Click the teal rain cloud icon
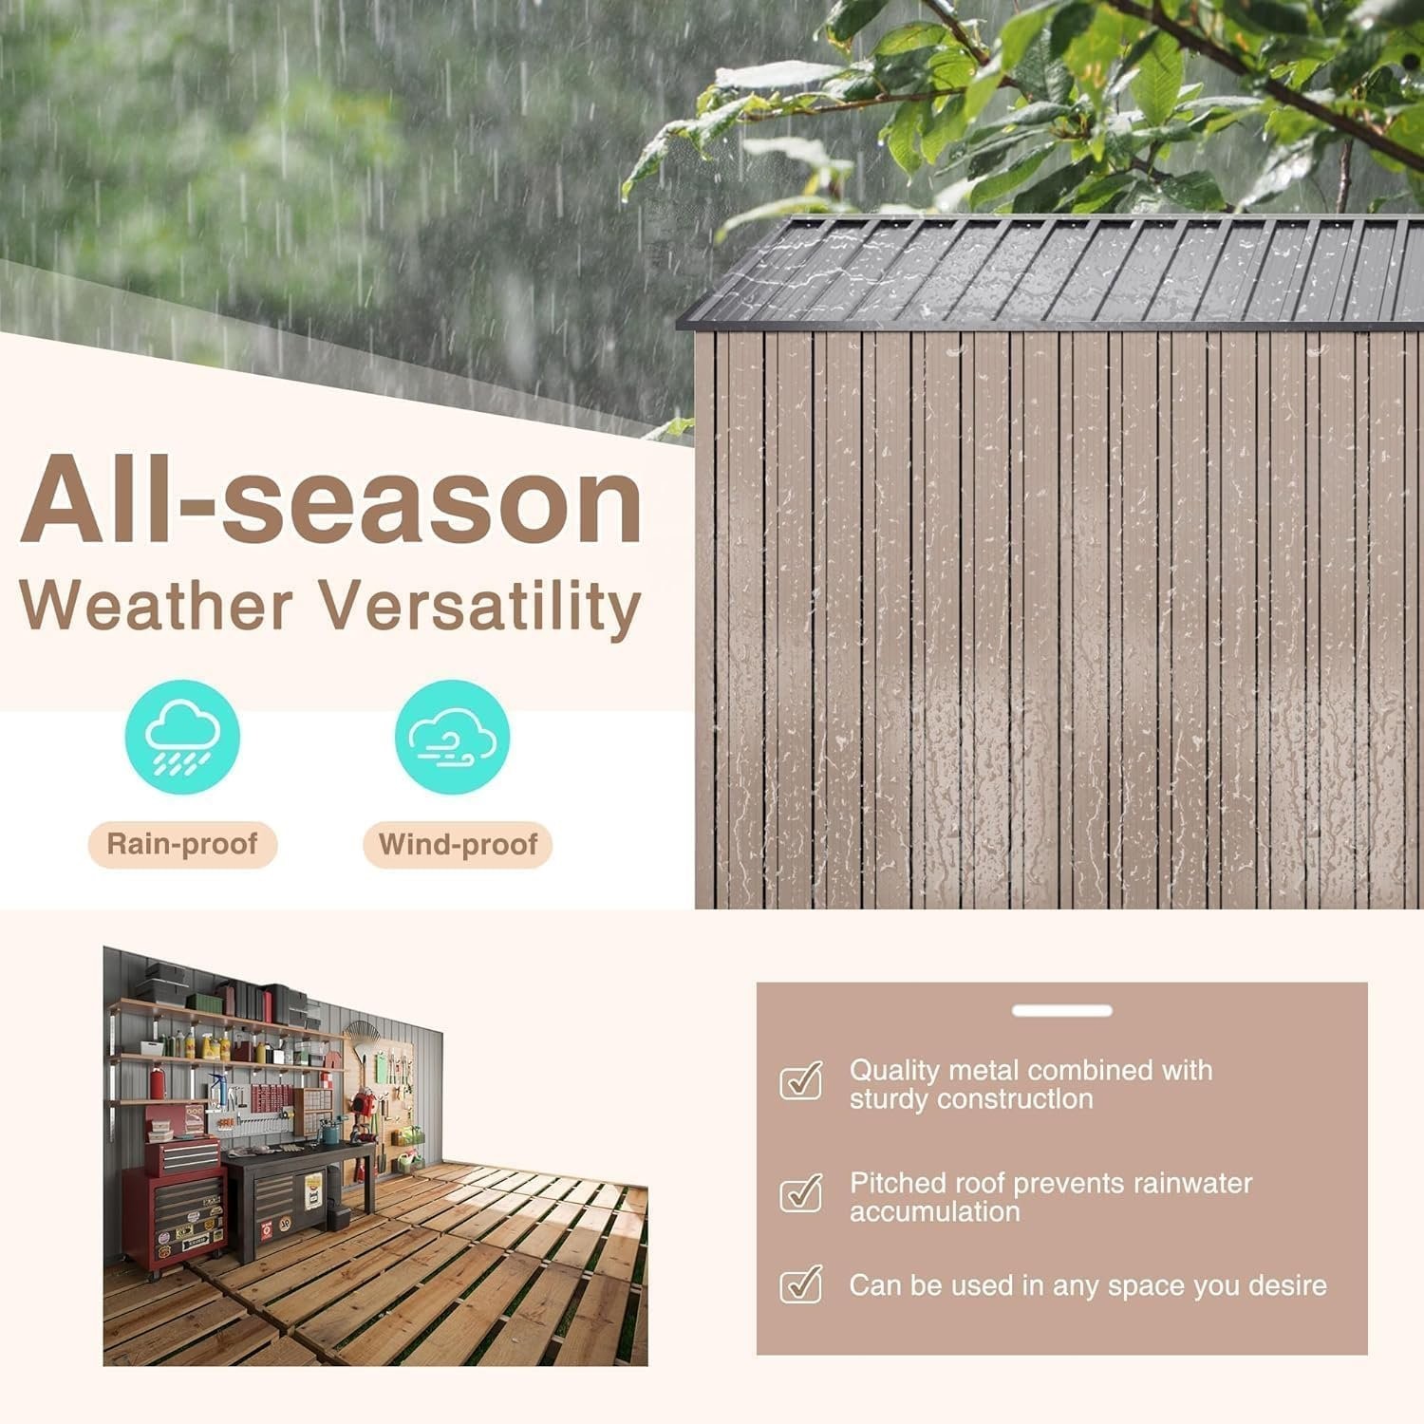click(x=182, y=738)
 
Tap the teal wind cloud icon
click(x=453, y=738)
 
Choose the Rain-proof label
click(x=182, y=844)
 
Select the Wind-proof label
click(x=458, y=844)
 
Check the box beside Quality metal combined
click(x=800, y=1080)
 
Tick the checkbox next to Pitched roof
click(x=800, y=1193)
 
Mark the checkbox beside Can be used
click(x=800, y=1283)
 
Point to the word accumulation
click(x=935, y=1212)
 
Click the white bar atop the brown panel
click(x=1061, y=1011)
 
